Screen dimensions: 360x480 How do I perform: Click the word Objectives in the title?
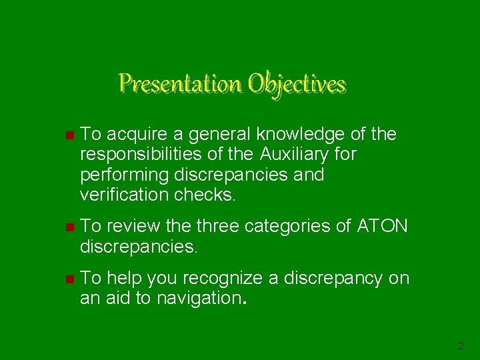coord(297,85)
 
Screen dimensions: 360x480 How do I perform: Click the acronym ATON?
coord(383,227)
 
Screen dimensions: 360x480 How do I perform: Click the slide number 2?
coord(461,346)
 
